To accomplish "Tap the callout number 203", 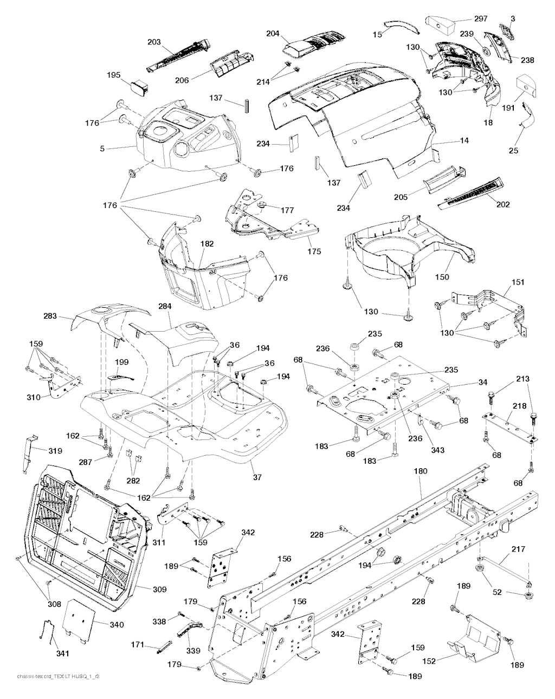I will (154, 41).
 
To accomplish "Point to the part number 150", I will (442, 277).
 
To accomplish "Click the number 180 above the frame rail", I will (421, 471).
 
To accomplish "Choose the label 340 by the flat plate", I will (117, 625).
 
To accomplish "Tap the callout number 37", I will (257, 477).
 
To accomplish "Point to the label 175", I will (314, 251).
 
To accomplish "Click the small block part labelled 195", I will (138, 87).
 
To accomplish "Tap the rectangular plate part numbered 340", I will (80, 622).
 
